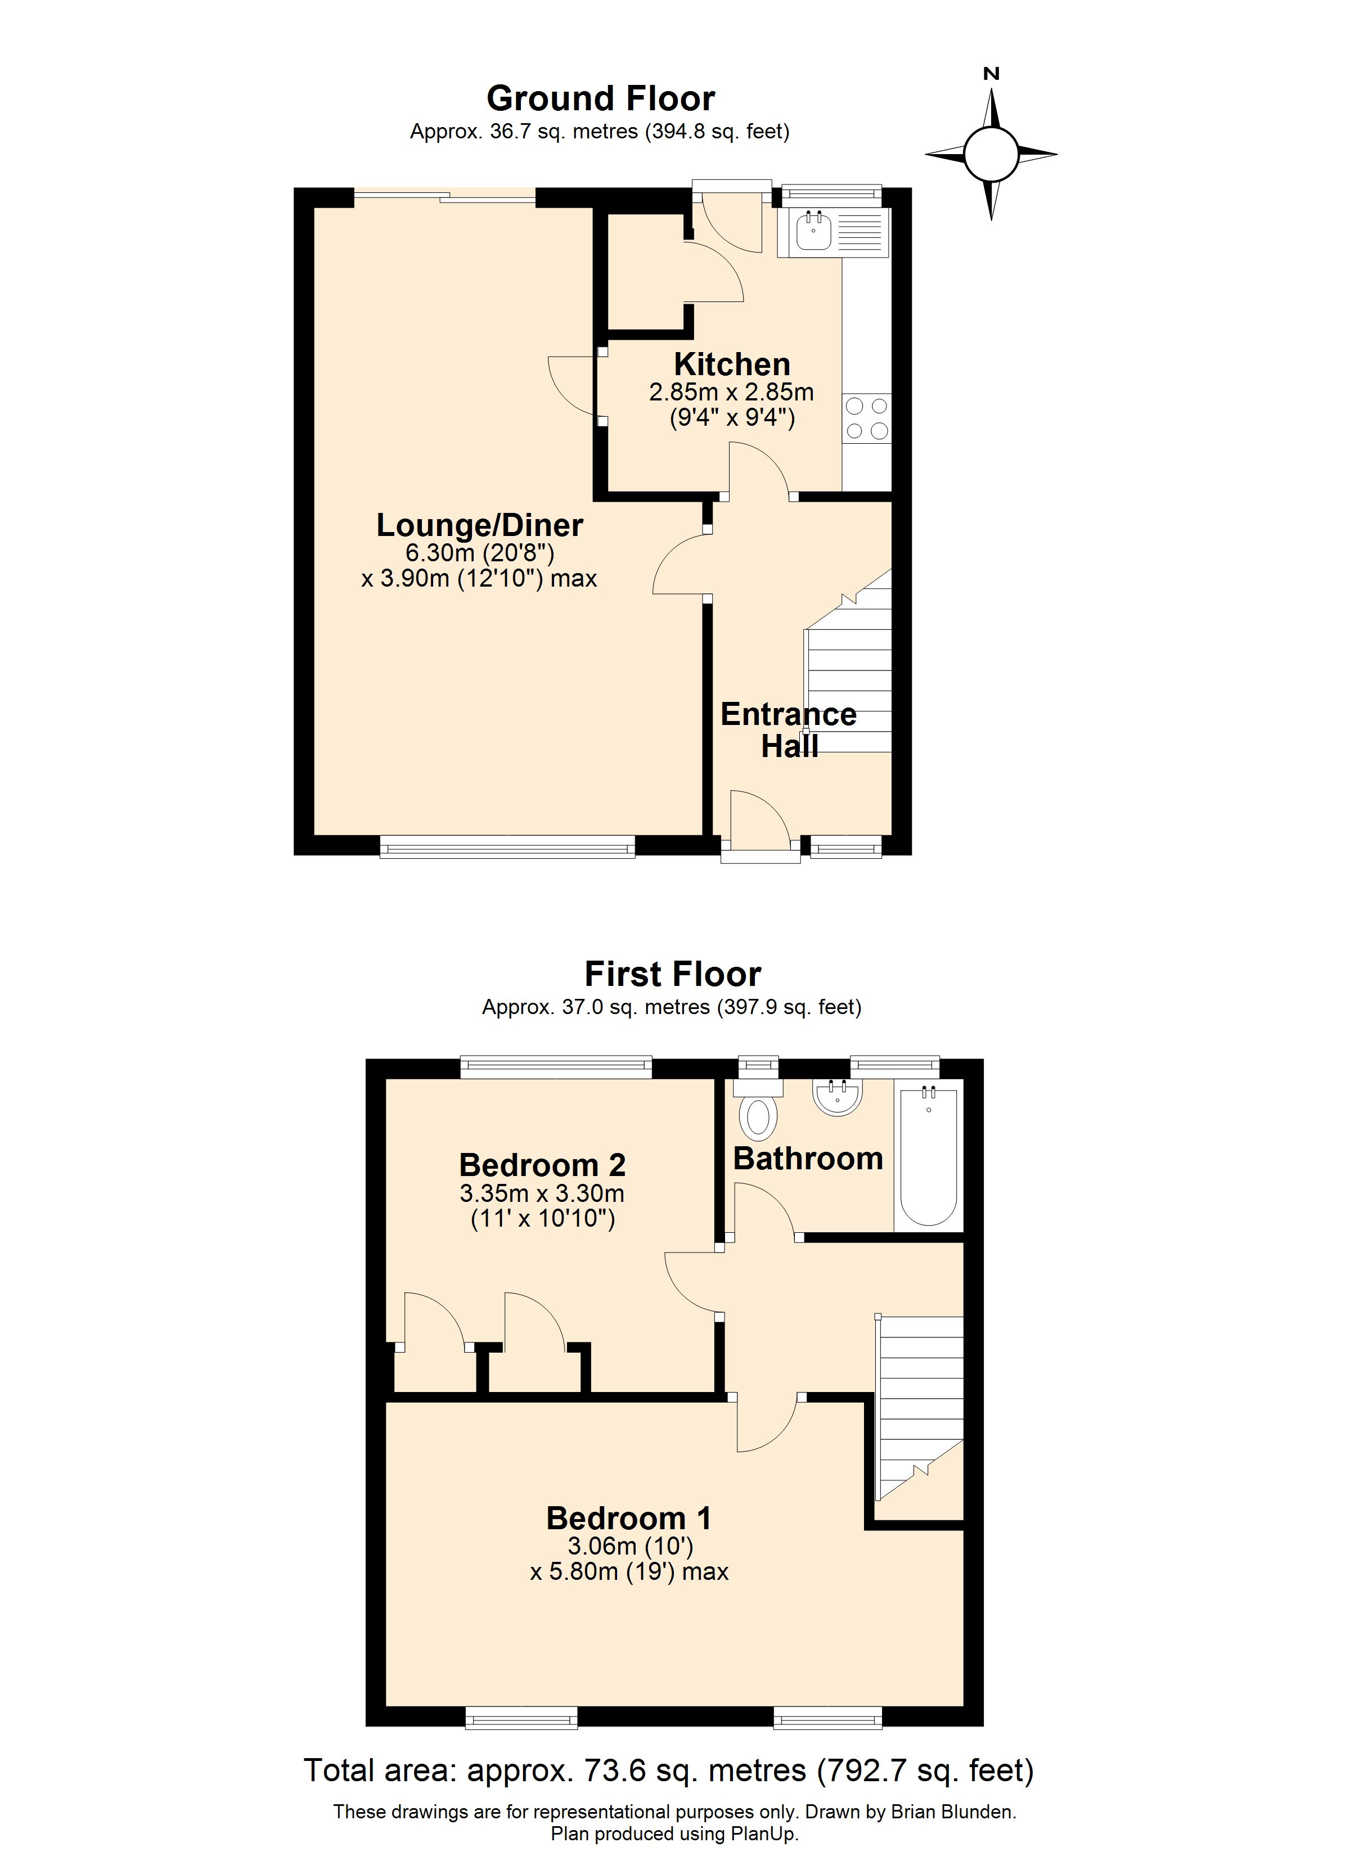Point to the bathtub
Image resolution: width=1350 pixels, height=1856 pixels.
tap(928, 1157)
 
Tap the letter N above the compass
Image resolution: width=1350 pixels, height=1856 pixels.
tap(992, 74)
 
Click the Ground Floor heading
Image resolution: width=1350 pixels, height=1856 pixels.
tap(600, 99)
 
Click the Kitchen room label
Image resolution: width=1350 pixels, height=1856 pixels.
tap(732, 364)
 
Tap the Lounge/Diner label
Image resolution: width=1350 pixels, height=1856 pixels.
tap(480, 525)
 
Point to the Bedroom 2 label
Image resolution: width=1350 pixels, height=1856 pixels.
tap(542, 1165)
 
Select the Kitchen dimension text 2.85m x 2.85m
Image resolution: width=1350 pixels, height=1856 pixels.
tap(731, 393)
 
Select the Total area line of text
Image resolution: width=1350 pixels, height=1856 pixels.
tap(669, 1770)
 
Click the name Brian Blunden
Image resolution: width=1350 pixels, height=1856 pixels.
tap(952, 1812)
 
